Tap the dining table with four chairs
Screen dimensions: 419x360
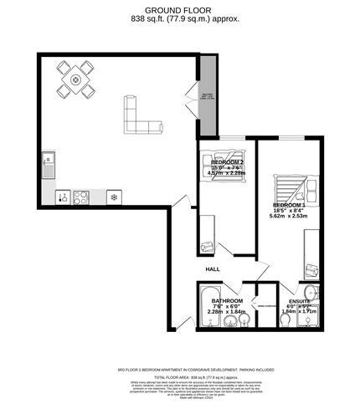76,81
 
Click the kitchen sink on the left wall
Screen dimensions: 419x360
49,158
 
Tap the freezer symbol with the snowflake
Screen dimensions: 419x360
115,197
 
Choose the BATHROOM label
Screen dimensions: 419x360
227,300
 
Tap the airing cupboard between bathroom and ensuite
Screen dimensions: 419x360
266,308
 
